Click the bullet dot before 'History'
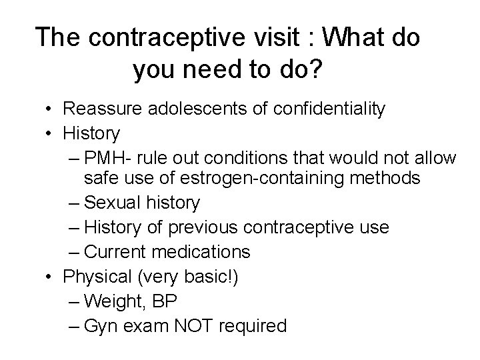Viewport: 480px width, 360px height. [51, 133]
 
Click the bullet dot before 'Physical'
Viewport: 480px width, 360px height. [51, 277]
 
